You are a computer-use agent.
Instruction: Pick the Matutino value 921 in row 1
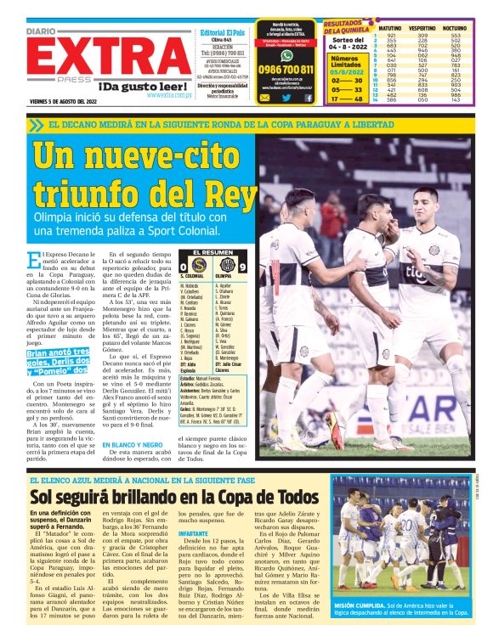point(391,36)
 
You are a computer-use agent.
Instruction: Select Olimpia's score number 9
point(241,267)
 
